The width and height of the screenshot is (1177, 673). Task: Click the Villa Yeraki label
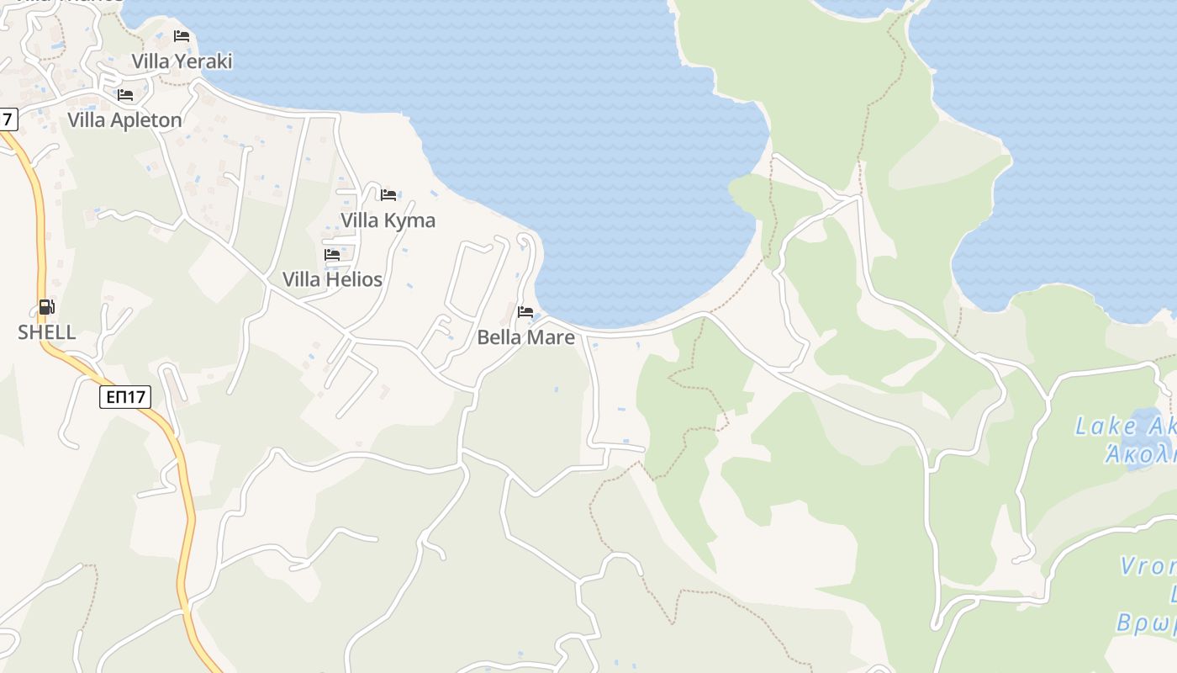[182, 61]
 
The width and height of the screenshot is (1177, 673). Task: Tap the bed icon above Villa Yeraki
[182, 36]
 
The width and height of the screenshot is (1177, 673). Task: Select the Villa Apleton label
[124, 120]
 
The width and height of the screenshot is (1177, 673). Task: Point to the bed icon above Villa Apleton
[125, 95]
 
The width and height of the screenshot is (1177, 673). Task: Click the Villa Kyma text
[388, 220]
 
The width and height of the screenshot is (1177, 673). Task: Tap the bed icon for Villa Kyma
[388, 195]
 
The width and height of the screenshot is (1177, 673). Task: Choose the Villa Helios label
[332, 279]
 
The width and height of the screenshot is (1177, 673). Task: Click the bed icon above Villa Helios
[332, 254]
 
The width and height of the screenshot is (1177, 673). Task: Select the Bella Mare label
[525, 337]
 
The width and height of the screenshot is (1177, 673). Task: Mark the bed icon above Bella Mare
[525, 312]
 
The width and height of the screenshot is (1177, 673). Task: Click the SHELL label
[47, 332]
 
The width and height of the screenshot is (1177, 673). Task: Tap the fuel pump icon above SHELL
[47, 307]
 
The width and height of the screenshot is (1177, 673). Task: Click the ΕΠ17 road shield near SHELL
[125, 397]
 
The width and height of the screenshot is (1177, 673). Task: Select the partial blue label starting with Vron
[1148, 566]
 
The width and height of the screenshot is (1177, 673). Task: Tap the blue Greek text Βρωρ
[1147, 623]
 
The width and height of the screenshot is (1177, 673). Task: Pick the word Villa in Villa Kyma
[359, 220]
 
